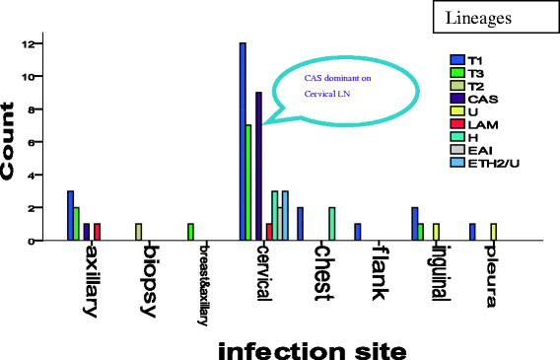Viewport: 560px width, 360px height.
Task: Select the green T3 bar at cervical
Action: (249, 182)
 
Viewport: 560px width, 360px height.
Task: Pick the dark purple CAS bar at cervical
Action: (258, 166)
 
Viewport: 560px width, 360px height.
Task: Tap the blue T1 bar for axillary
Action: (70, 215)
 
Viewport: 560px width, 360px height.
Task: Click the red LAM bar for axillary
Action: (97, 232)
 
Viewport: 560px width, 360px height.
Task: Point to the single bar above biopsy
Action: (139, 232)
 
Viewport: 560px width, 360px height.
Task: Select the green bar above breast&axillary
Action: (190, 232)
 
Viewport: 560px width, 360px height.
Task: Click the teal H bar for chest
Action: (332, 224)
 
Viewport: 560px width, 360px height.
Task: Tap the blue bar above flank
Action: (358, 232)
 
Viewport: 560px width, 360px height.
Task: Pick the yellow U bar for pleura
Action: (494, 232)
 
